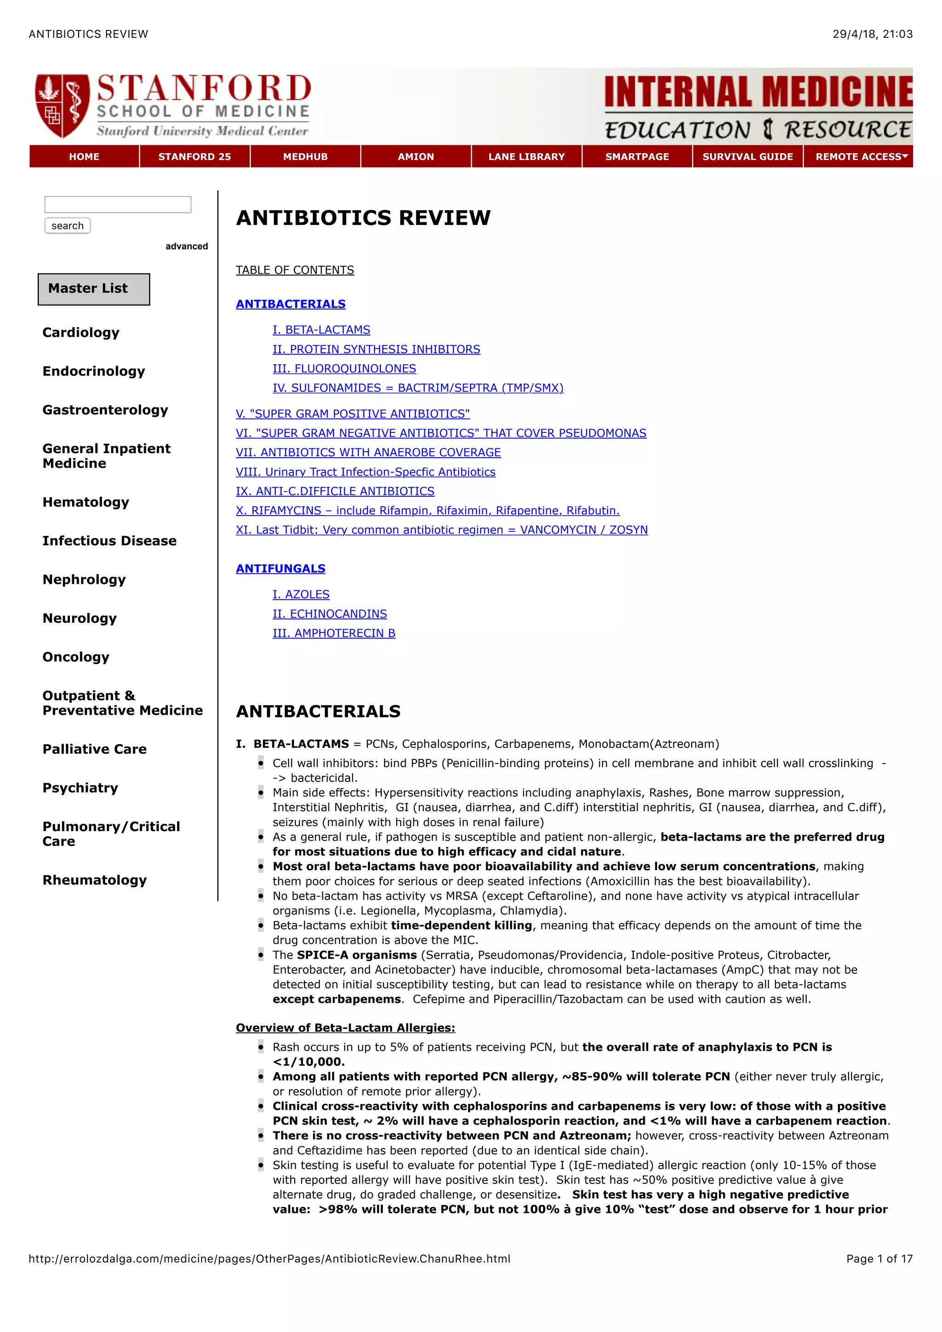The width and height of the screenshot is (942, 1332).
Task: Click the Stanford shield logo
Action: (62, 106)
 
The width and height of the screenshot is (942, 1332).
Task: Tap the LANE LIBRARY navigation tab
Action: (526, 157)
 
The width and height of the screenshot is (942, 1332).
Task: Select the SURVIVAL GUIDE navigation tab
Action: (747, 157)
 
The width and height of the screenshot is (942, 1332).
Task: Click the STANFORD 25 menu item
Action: (194, 157)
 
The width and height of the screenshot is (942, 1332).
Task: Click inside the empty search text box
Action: (118, 205)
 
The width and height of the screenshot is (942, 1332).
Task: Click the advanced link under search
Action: (186, 247)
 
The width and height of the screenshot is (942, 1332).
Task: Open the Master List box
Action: (94, 289)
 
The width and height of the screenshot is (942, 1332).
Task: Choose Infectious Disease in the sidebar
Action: (109, 541)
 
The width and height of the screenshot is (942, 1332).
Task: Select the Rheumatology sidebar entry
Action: (95, 880)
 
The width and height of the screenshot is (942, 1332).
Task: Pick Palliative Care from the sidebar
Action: (95, 749)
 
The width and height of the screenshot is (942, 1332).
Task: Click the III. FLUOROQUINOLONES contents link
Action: (344, 368)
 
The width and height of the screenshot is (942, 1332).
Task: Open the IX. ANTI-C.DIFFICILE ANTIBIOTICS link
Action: (335, 491)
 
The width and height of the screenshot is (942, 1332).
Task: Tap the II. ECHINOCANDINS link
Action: (329, 614)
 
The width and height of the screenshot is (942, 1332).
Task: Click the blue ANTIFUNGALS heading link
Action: (280, 568)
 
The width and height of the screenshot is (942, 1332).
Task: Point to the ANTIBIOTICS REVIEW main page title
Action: (363, 218)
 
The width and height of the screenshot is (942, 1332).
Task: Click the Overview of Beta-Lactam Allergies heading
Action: (345, 1028)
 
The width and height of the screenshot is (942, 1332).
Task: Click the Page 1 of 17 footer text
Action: (879, 1258)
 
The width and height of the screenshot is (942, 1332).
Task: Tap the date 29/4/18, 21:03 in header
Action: (872, 34)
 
